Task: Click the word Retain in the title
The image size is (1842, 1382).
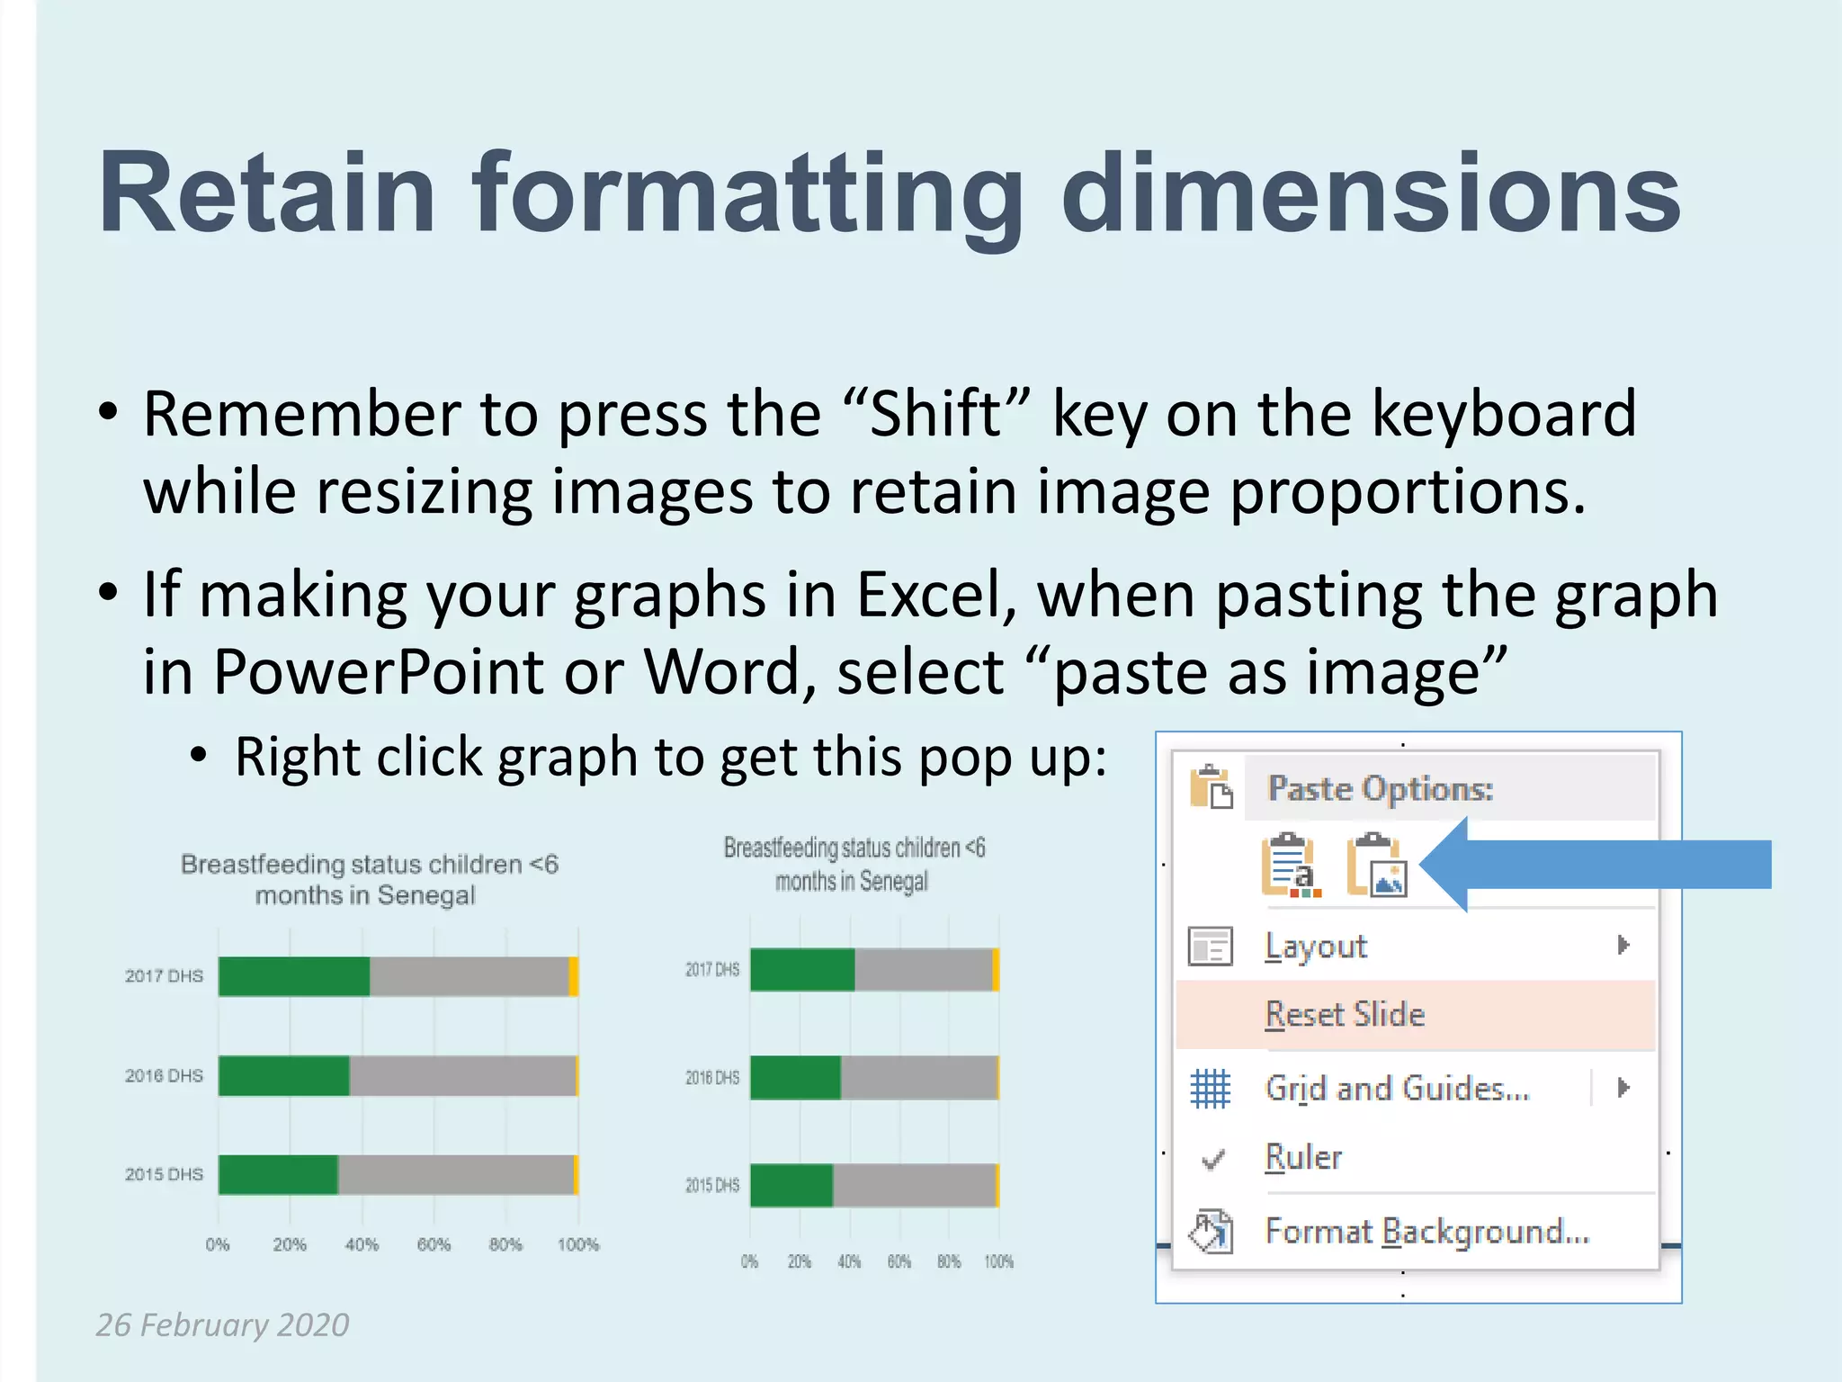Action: (267, 193)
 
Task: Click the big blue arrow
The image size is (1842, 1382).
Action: (1601, 865)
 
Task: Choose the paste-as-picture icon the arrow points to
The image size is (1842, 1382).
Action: (1376, 866)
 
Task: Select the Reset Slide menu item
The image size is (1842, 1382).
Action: (1345, 1015)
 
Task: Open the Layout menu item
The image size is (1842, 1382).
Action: (1316, 947)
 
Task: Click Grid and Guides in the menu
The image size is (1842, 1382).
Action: (1397, 1089)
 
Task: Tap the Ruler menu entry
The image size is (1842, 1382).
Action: (1303, 1157)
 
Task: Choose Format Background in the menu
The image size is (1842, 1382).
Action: (1426, 1231)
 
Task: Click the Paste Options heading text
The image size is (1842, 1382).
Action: (1380, 789)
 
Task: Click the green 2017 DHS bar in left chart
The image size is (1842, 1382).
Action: (293, 976)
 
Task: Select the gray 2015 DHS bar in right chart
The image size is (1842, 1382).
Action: (913, 1185)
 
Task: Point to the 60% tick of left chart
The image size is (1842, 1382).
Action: (434, 1244)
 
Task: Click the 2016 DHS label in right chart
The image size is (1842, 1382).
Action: (711, 1077)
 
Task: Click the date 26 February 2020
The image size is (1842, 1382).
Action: (222, 1324)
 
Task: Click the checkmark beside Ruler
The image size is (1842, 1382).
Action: (1212, 1160)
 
